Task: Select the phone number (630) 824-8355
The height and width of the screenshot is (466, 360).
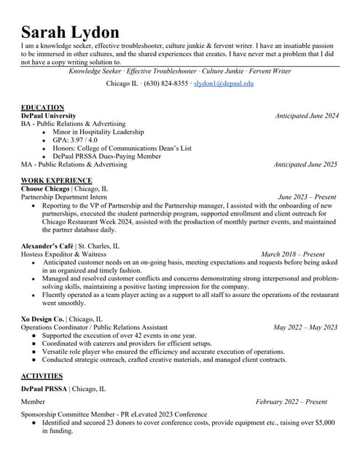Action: [166, 84]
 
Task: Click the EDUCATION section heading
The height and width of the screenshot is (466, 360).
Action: [42, 107]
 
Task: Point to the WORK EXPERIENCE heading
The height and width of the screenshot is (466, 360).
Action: [57, 180]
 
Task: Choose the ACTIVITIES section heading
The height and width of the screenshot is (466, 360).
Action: [42, 376]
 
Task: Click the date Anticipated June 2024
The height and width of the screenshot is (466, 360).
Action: [306, 116]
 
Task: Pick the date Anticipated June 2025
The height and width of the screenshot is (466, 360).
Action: [305, 165]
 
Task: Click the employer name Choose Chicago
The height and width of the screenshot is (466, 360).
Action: [45, 189]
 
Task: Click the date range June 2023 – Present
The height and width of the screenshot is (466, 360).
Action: [307, 197]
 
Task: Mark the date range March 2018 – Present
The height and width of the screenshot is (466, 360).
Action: [292, 254]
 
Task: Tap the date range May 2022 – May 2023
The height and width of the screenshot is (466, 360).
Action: [305, 328]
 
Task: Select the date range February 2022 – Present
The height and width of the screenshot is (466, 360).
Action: [291, 401]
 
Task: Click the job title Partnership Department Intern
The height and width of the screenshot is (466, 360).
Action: [64, 197]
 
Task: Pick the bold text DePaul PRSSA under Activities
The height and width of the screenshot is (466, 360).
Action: [44, 389]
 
